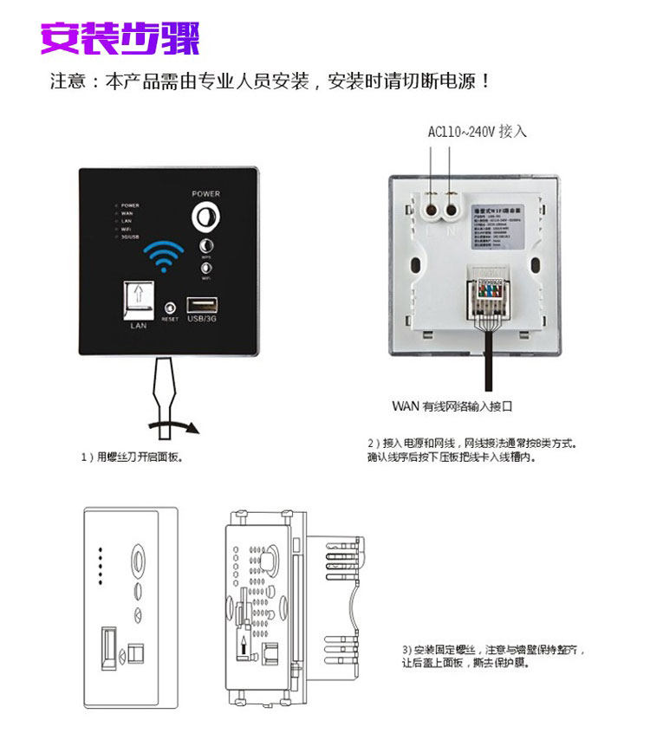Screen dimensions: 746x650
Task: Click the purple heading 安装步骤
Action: tap(120, 37)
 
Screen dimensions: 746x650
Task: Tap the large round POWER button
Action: tap(206, 215)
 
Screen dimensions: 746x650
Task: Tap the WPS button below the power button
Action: tap(206, 246)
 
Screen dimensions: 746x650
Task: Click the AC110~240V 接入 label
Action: tap(477, 132)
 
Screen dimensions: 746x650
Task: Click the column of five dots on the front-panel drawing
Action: tap(101, 564)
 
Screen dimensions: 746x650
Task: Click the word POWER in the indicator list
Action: tap(130, 205)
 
